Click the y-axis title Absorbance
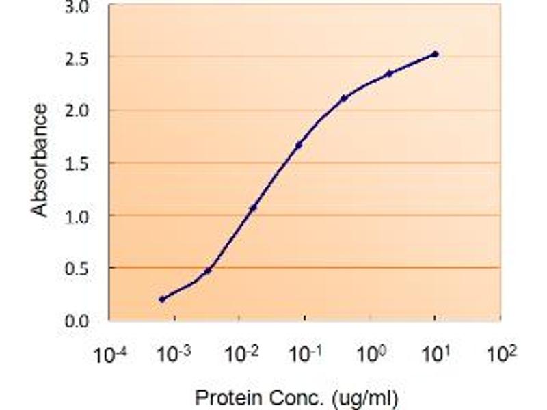coord(41,160)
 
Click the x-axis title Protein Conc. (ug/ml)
coord(296,396)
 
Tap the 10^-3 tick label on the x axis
coord(174,355)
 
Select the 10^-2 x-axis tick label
coord(239,355)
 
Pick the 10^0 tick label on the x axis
coord(371,355)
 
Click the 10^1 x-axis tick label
coord(436,355)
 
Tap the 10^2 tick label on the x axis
coord(502,355)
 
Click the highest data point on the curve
coord(435,54)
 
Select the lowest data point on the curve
coord(162,299)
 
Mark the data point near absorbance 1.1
coord(253,207)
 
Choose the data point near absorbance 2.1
coord(344,98)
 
